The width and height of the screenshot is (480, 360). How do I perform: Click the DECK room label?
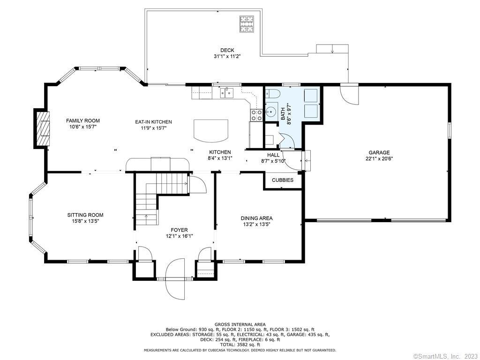coord(227,50)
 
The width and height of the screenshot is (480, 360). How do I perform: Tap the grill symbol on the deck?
coord(247,24)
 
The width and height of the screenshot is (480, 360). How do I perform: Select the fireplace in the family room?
coord(41,128)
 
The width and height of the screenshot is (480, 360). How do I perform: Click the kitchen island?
coord(211,130)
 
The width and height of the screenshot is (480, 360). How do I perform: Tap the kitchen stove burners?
coord(256,115)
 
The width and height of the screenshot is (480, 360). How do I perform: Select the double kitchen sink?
coord(226,92)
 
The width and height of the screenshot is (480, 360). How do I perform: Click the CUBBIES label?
coord(283,180)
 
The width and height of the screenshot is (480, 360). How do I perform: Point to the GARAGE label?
coord(379,152)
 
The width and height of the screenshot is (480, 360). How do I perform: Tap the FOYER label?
coord(179,230)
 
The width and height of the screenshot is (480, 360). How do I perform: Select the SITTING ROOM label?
coord(85,215)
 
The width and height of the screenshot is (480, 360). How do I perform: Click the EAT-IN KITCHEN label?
coord(153,122)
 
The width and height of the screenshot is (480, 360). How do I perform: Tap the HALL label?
coord(273,155)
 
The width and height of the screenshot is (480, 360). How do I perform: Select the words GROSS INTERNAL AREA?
coord(240,324)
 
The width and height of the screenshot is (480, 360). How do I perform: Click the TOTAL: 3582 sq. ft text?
coord(240,345)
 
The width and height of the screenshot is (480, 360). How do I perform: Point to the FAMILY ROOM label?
coord(83,120)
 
